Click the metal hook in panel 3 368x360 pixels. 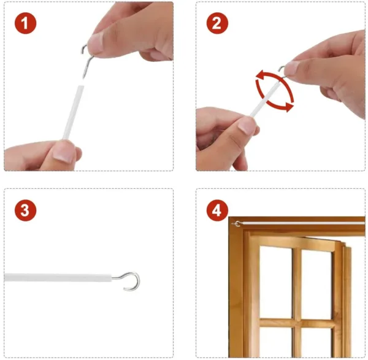point(131,280)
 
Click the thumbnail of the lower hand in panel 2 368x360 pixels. point(249,126)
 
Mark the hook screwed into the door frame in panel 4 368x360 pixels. point(237,224)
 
